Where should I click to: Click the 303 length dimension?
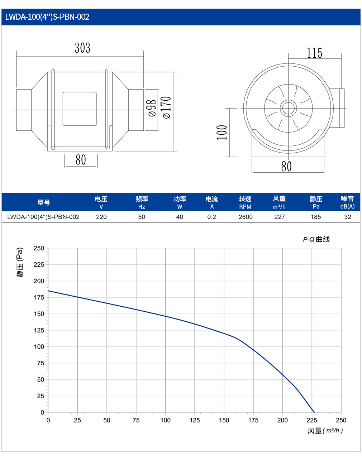[x=82, y=48]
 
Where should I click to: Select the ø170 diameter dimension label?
[x=167, y=107]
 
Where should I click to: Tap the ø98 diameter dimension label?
[x=152, y=108]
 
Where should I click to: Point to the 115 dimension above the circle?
[x=315, y=53]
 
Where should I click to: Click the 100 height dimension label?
[x=222, y=133]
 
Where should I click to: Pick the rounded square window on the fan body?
[x=80, y=109]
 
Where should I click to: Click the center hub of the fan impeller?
[x=288, y=108]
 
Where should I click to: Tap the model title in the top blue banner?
[x=47, y=17]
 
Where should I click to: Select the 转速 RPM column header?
[x=245, y=202]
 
